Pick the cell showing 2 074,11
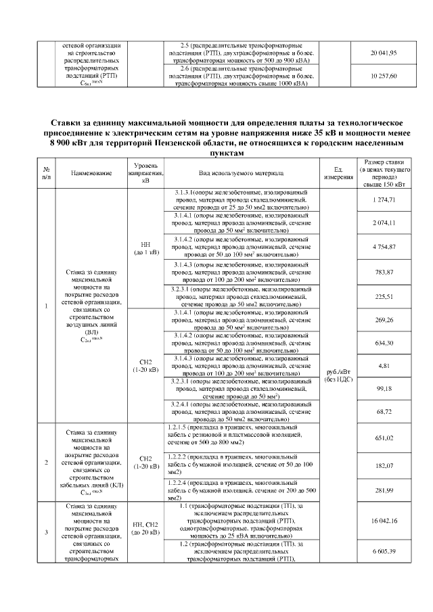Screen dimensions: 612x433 pyautogui.click(x=384, y=223)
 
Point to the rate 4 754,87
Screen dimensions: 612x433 pyautogui.click(x=384, y=247)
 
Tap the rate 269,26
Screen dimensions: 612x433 pyautogui.click(x=384, y=319)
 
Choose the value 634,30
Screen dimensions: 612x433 pyautogui.click(x=384, y=343)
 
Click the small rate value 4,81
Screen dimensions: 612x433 pyautogui.click(x=384, y=366)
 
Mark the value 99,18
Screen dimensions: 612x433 pyautogui.click(x=384, y=388)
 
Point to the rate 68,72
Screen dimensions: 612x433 pyautogui.click(x=384, y=411)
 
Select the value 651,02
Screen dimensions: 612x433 pyautogui.click(x=384, y=438)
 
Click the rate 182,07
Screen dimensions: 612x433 pyautogui.click(x=384, y=465)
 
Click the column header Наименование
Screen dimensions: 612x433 pyautogui.click(x=91, y=173)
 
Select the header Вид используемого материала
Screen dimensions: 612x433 pyautogui.click(x=241, y=173)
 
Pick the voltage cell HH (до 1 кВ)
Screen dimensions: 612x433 pyautogui.click(x=146, y=248)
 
